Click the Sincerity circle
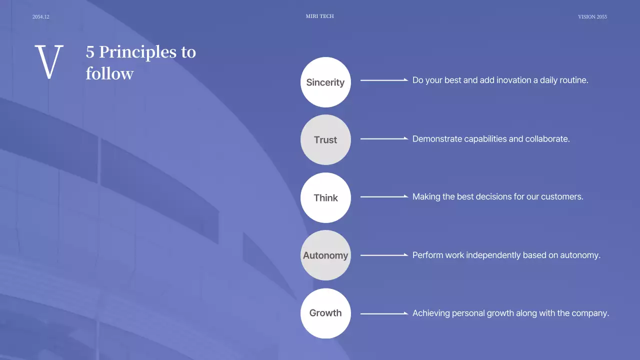(325, 82)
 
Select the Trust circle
(325, 140)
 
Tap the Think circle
(325, 198)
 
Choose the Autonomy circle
(325, 255)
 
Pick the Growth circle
(325, 313)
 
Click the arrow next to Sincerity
(384, 80)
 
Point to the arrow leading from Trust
(384, 138)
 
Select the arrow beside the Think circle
(384, 196)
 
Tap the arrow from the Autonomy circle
(384, 255)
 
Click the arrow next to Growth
(384, 313)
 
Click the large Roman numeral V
(49, 62)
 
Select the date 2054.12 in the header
(41, 17)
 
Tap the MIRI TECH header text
(320, 16)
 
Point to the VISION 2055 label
(592, 17)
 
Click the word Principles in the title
(138, 52)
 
